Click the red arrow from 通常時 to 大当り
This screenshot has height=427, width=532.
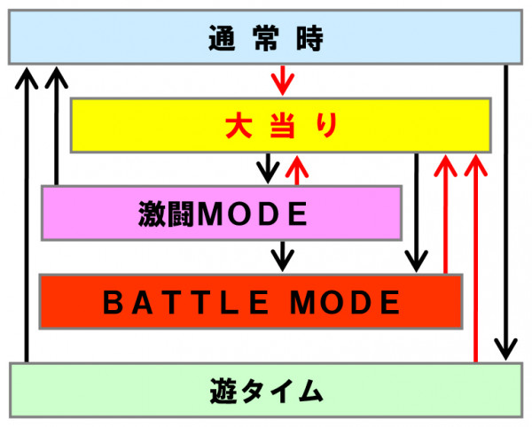[282, 80]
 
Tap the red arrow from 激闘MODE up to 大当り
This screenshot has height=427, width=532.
[294, 167]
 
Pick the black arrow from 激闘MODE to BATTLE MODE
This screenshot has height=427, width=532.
[282, 253]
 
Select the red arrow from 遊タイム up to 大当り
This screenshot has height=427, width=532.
[477, 257]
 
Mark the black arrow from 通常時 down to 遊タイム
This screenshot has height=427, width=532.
[505, 213]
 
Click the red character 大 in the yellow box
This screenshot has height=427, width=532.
[235, 126]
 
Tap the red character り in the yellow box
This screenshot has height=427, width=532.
[325, 126]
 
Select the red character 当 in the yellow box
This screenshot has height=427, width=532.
[280, 126]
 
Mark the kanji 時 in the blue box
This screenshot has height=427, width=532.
[311, 37]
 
